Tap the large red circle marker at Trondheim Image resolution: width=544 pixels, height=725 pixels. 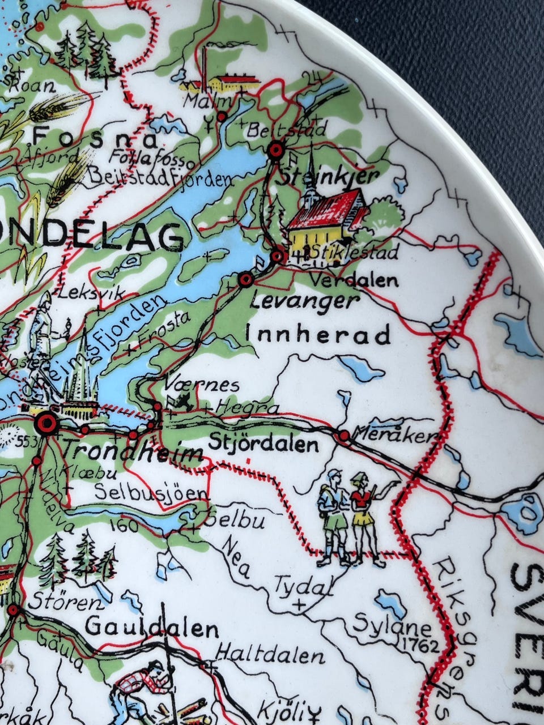coord(45,423)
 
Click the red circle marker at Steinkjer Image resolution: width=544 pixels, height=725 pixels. coord(276,150)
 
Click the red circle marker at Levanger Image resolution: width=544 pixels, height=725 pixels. coord(245,280)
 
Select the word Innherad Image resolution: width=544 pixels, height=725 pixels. coord(318,335)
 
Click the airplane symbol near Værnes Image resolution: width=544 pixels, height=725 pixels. coord(184,403)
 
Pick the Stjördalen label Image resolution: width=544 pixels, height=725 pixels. coord(263,443)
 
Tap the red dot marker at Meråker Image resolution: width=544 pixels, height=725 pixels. coord(344,436)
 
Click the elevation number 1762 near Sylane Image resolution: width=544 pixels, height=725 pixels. coord(419,645)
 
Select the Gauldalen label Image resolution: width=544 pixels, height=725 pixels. coord(152,629)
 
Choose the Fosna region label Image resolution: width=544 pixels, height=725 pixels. coord(95,138)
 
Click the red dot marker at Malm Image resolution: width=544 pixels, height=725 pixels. coord(222,116)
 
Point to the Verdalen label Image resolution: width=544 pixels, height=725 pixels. coord(355,280)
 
